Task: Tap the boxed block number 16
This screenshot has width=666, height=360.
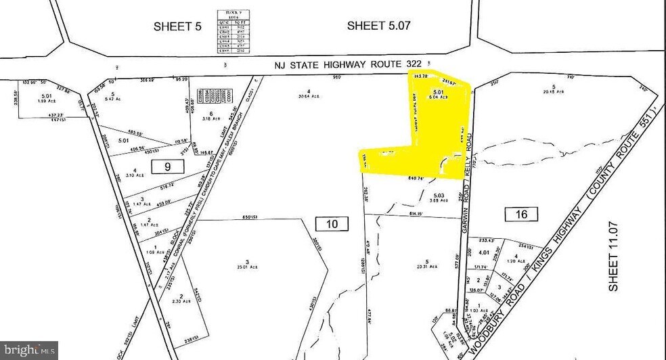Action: point(521,214)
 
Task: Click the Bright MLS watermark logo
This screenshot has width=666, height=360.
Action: point(28,350)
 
